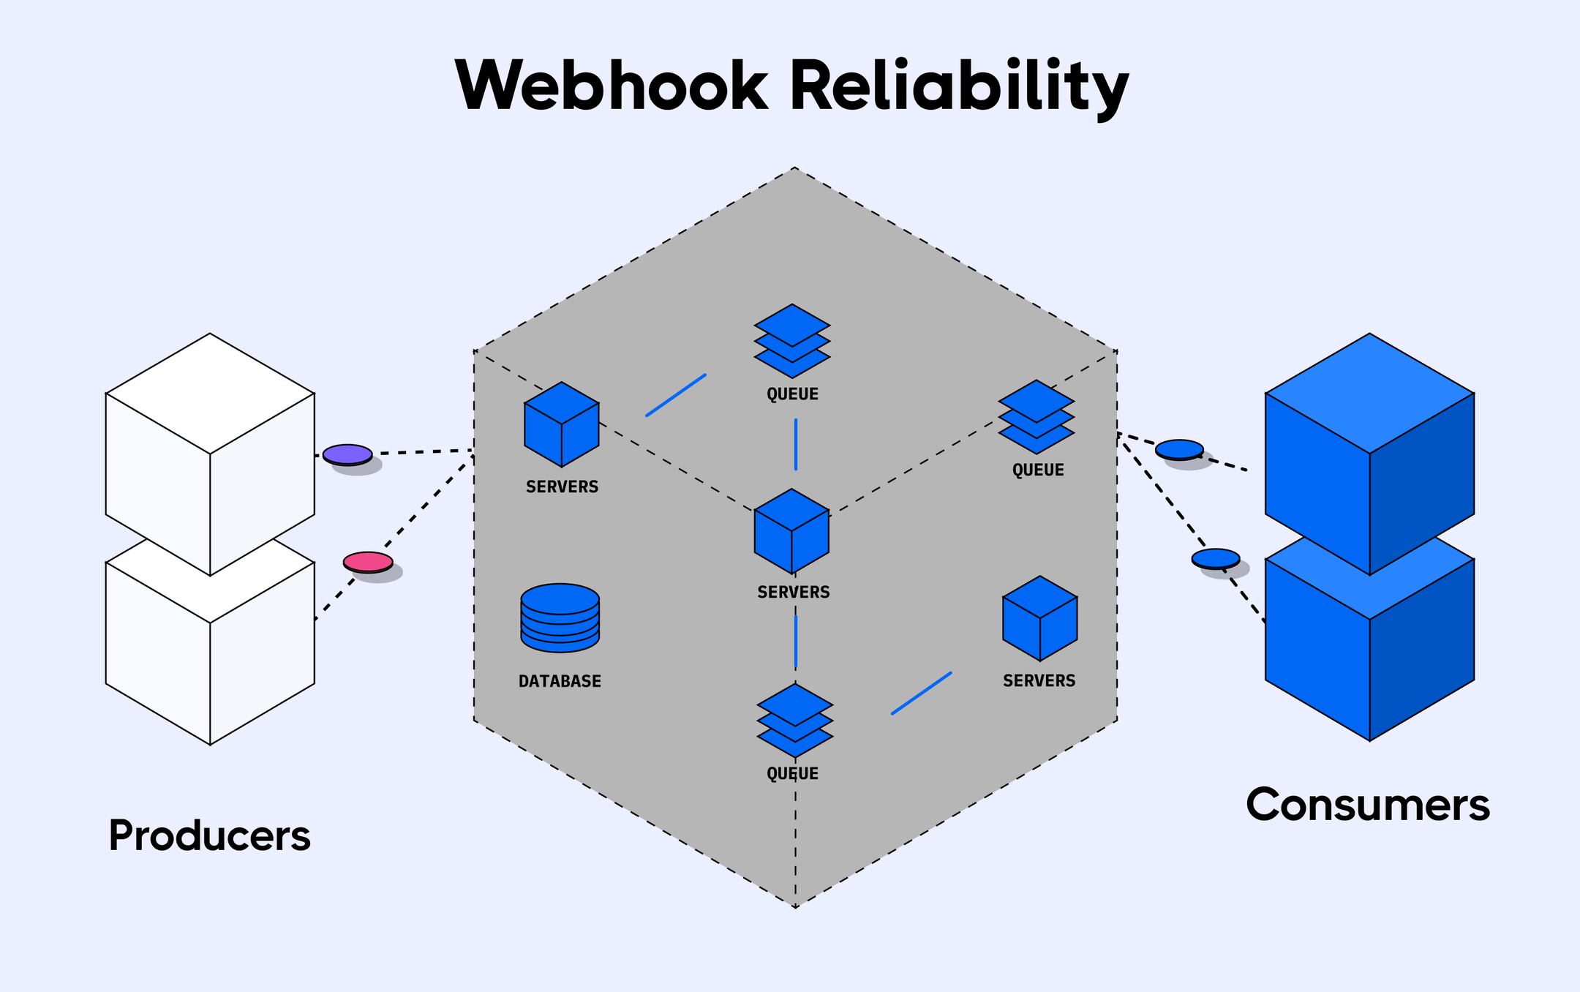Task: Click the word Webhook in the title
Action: pos(611,86)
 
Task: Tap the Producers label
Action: pos(209,835)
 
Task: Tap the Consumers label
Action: pos(1367,805)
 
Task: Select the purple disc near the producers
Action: pos(347,454)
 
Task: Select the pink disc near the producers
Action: pos(368,562)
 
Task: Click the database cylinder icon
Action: pos(560,617)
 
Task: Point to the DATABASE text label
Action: pos(560,681)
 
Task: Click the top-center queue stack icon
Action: pos(792,341)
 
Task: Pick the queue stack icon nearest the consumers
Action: pos(1037,416)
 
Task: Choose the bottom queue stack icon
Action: pos(794,721)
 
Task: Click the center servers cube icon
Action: pos(791,531)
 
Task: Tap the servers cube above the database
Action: pos(561,424)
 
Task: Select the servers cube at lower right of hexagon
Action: pos(1039,618)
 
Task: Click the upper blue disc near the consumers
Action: pos(1179,449)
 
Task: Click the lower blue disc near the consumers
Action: pos(1215,558)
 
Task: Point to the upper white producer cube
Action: pos(210,454)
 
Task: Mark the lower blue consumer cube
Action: pos(1369,651)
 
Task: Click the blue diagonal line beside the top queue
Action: pos(676,396)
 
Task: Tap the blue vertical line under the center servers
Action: pos(796,642)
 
